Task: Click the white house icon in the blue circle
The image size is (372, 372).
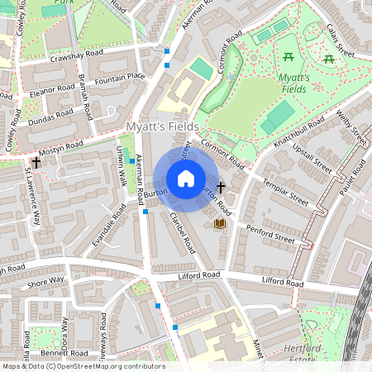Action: (186, 179)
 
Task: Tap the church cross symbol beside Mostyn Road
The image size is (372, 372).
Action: (36, 163)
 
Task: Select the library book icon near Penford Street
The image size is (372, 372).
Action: (220, 223)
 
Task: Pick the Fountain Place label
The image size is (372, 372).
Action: (120, 79)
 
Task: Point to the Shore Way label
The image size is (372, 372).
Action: (45, 282)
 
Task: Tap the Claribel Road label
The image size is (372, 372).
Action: (182, 234)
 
